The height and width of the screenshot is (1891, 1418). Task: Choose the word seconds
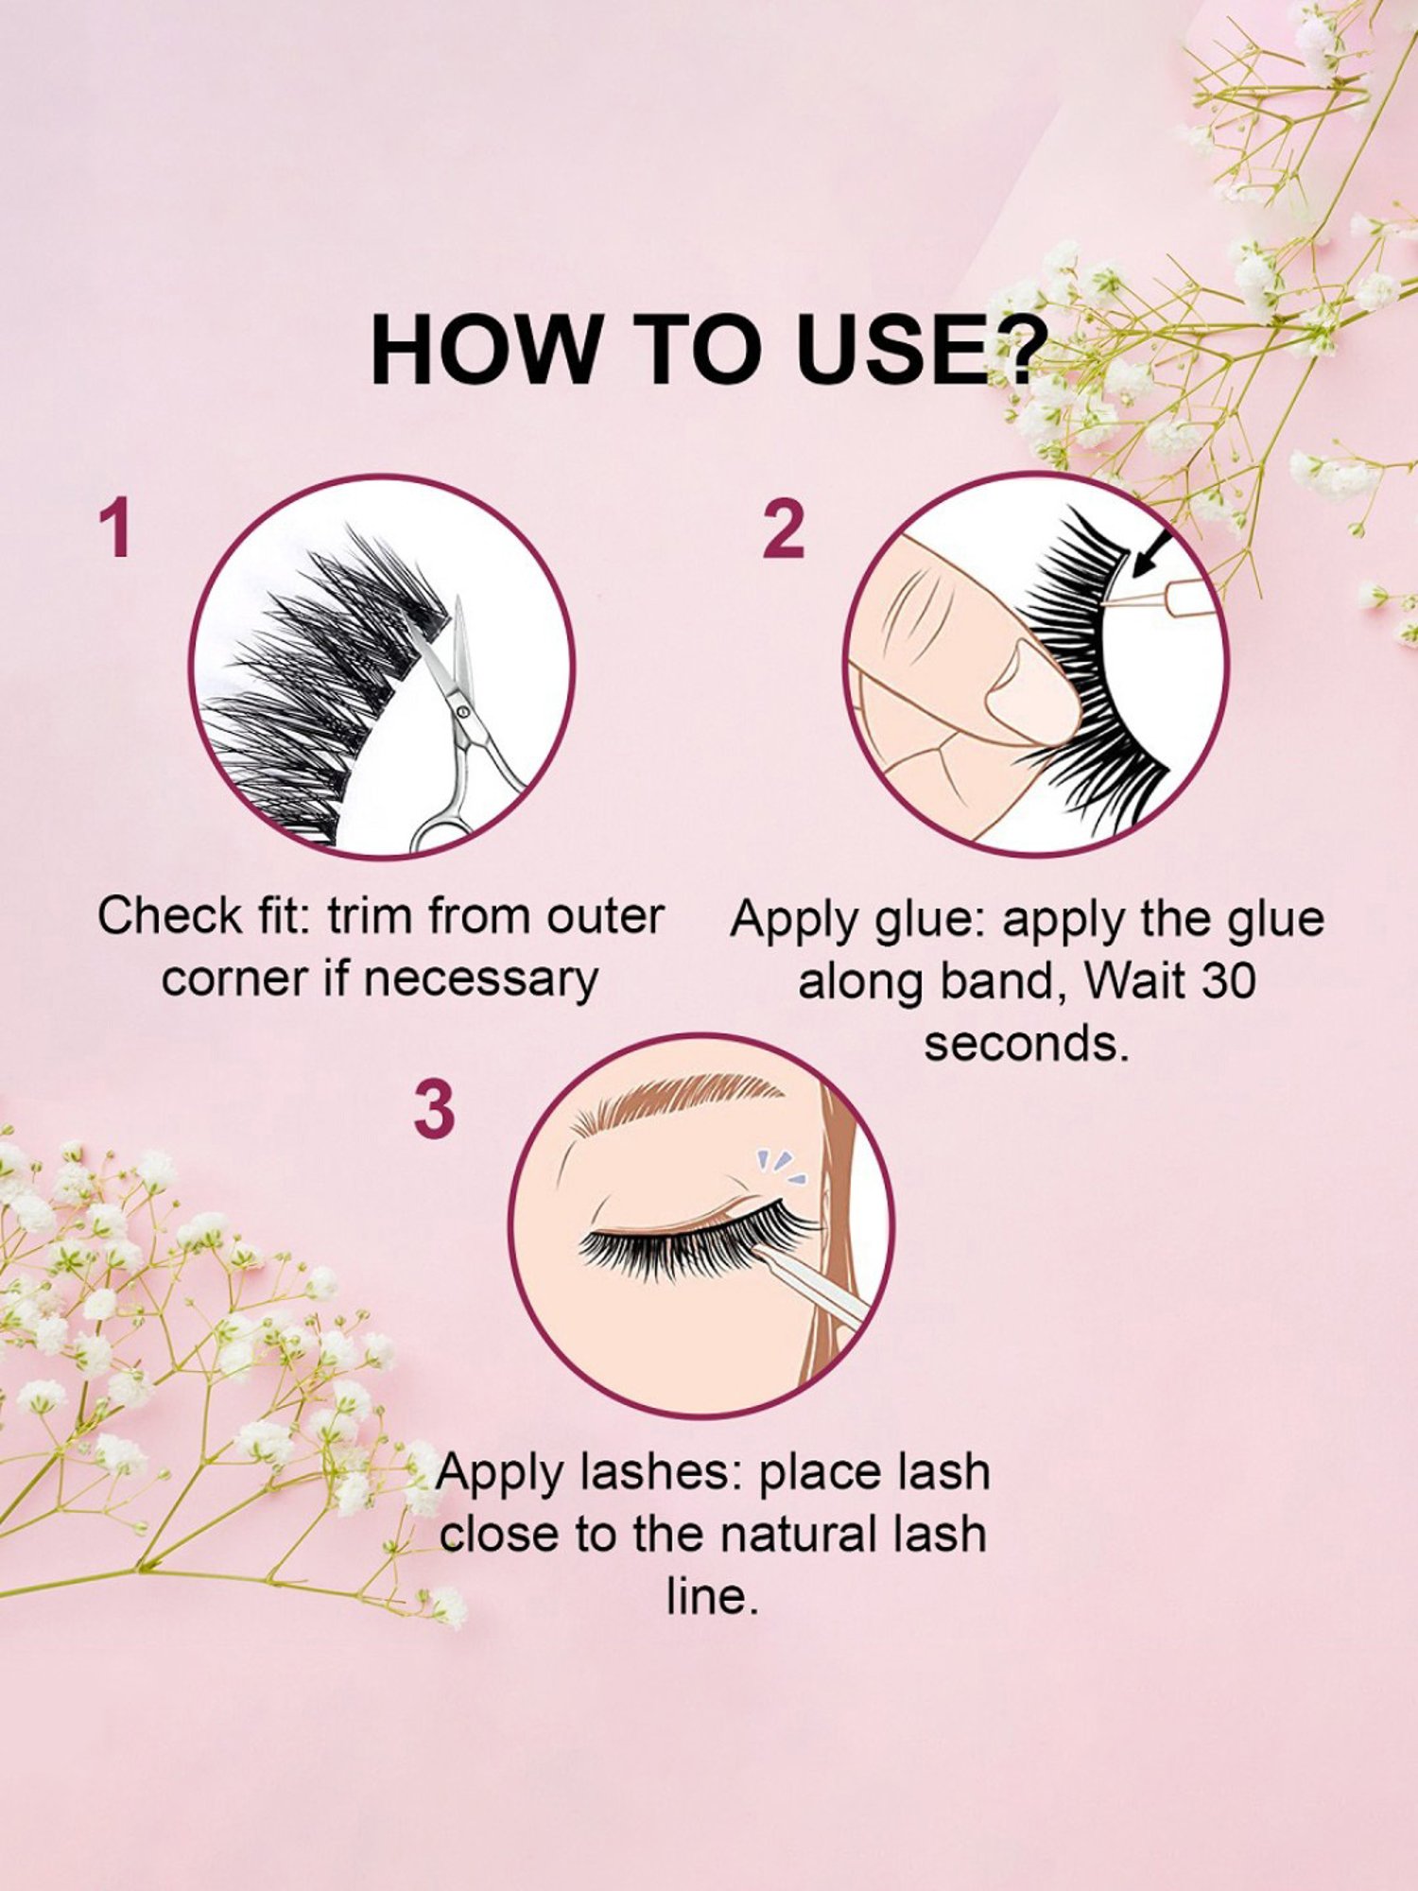(1027, 1044)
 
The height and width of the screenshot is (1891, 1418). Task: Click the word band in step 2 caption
(996, 980)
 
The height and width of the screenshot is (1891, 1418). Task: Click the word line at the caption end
(711, 1596)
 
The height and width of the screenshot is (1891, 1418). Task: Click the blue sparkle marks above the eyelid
(780, 1169)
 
